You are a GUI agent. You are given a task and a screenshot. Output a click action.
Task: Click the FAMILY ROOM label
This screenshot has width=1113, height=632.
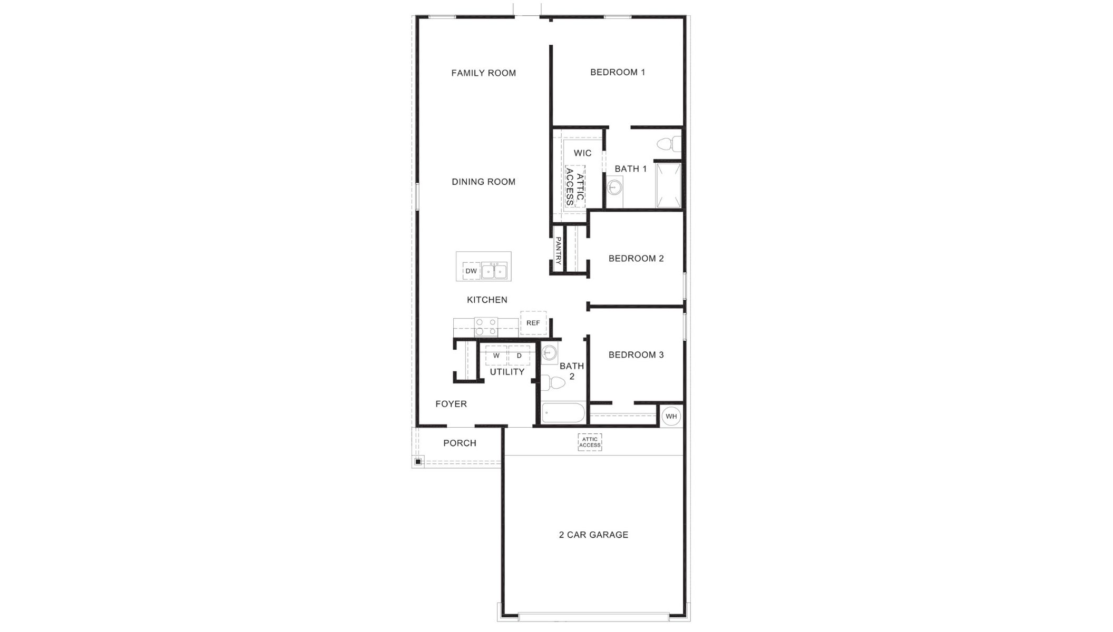tap(483, 73)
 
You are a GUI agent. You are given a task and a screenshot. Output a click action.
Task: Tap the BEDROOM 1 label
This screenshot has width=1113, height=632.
tap(617, 72)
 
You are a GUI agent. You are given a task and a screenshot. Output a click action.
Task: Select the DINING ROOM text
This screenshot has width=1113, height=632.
tap(483, 182)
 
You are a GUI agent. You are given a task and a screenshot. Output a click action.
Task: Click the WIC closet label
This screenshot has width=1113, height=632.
tap(582, 153)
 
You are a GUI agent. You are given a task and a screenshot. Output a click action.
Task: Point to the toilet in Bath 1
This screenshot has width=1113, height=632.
tap(668, 143)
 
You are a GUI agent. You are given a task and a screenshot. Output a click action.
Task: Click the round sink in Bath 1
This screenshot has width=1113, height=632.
tap(614, 186)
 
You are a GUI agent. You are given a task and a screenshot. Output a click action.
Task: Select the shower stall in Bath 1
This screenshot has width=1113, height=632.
tap(668, 185)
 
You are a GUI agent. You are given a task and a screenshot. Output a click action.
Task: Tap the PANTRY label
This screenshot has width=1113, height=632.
tap(558, 250)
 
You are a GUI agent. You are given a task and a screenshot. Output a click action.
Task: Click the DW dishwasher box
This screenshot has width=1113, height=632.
tap(471, 271)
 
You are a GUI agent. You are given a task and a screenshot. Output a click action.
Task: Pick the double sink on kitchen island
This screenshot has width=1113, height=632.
tap(494, 271)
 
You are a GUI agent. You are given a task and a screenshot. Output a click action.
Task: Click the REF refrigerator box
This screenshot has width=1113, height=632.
tap(533, 323)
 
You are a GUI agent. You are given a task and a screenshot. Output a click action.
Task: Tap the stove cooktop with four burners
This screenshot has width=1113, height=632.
tap(486, 327)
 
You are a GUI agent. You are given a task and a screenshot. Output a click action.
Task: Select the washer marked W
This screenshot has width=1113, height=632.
tap(496, 355)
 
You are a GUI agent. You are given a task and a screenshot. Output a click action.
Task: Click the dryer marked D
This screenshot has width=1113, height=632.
tap(519, 355)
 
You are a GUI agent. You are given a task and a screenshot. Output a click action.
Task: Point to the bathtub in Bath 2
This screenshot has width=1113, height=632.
tap(563, 413)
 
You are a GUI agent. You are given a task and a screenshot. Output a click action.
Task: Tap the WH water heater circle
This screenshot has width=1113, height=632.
tap(671, 416)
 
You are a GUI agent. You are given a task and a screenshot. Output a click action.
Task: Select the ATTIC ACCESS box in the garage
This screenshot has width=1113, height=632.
tap(590, 442)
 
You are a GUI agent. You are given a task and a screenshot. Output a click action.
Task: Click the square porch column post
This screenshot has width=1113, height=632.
tap(418, 462)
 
